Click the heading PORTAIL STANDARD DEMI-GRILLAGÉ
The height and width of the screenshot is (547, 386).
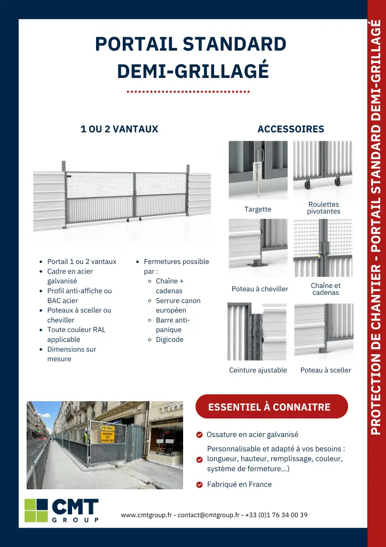click(x=191, y=57)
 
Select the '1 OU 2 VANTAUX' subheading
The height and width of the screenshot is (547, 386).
click(x=119, y=129)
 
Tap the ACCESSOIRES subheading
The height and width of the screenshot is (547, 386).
click(x=290, y=129)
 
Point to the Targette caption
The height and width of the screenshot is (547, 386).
click(x=258, y=209)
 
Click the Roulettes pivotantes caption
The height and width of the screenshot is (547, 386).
click(x=323, y=208)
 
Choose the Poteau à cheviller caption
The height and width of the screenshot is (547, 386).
click(x=259, y=289)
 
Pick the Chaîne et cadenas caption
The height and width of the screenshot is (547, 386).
click(x=325, y=289)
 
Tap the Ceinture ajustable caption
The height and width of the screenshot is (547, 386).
click(x=258, y=370)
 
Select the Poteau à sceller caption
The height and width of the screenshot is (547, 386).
click(x=325, y=370)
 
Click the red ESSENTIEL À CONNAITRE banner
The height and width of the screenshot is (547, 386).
click(x=271, y=407)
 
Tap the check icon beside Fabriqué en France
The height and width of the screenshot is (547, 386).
click(x=199, y=485)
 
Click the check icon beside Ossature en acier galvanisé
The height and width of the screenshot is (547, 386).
click(x=199, y=435)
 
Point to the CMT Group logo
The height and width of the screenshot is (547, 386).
click(x=62, y=510)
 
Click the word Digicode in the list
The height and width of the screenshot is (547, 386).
click(x=169, y=340)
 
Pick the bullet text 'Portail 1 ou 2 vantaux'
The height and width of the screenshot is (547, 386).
click(x=82, y=262)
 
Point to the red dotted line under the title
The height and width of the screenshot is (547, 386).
click(x=188, y=92)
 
